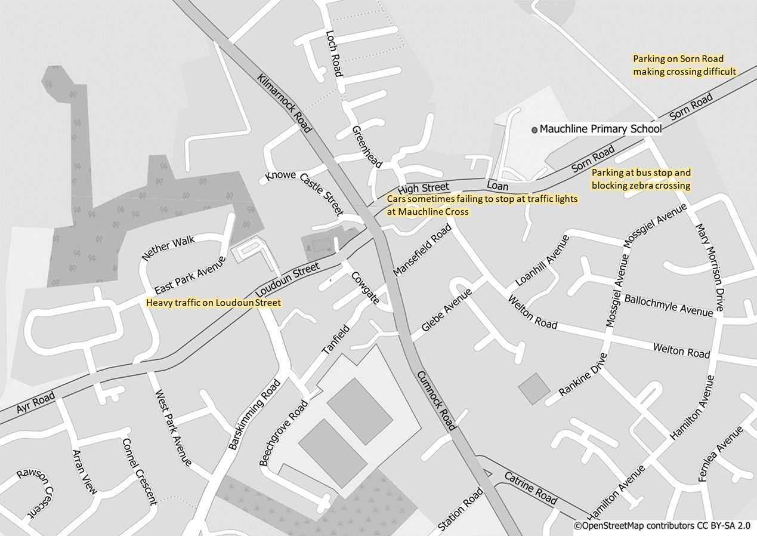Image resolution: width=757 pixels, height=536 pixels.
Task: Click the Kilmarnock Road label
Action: [x=285, y=103]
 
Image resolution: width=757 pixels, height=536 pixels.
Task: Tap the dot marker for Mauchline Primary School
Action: [x=534, y=129]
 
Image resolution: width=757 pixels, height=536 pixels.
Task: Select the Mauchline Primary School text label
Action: [x=600, y=129]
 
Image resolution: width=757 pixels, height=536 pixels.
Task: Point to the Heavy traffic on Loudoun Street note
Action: [x=214, y=303]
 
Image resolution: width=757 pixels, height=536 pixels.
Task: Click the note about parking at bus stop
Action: [x=641, y=179]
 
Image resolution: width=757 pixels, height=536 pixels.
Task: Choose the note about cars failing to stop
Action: [x=483, y=205]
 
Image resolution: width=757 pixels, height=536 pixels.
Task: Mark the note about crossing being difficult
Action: [x=684, y=65]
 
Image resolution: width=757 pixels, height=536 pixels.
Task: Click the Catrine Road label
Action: [x=530, y=488]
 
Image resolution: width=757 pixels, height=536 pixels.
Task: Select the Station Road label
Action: [x=461, y=510]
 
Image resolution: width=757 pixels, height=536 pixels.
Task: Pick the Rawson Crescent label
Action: [x=35, y=492]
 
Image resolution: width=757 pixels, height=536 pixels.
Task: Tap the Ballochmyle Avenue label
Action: [x=668, y=305]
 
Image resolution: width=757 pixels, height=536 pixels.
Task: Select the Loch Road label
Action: [x=333, y=54]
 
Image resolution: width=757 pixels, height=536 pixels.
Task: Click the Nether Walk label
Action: [x=168, y=249]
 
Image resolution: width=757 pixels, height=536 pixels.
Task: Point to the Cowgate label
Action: [x=364, y=288]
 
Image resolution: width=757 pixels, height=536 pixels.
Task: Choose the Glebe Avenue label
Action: [x=446, y=310]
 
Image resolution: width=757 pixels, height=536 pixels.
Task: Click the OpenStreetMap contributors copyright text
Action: [x=662, y=526]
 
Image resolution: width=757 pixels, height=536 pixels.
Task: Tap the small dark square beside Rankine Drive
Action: [x=534, y=389]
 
